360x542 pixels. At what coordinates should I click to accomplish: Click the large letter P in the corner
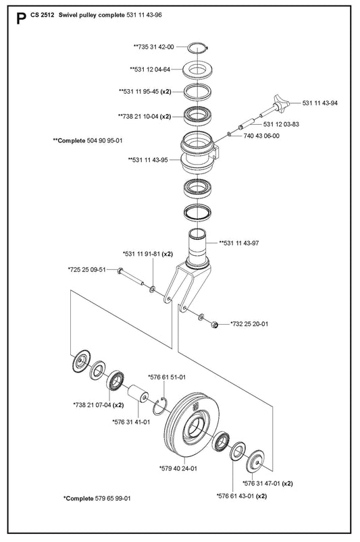[x=21, y=19]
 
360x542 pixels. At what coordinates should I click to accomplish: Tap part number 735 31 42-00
[x=153, y=47]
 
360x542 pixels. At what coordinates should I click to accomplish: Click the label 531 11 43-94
[x=320, y=103]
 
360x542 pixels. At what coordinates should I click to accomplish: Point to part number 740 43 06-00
[x=261, y=136]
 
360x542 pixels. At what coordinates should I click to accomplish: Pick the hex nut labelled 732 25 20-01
[x=214, y=325]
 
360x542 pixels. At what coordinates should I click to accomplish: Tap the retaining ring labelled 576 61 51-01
[x=161, y=406]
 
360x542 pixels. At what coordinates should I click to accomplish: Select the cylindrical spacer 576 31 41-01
[x=138, y=394]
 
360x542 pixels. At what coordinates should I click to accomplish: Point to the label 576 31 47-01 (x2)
[x=267, y=483]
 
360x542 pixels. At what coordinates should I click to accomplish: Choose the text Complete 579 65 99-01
[x=97, y=498]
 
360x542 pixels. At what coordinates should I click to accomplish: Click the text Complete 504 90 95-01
[x=88, y=140]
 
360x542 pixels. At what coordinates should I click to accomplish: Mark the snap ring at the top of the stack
[x=198, y=48]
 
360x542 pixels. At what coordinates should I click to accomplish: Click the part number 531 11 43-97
[x=239, y=243]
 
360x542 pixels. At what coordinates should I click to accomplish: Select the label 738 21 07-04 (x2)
[x=99, y=405]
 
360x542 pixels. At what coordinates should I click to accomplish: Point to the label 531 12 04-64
[x=150, y=70]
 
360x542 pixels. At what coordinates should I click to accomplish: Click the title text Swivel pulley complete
[x=92, y=15]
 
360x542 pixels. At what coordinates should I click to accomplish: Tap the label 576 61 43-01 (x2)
[x=242, y=496]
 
